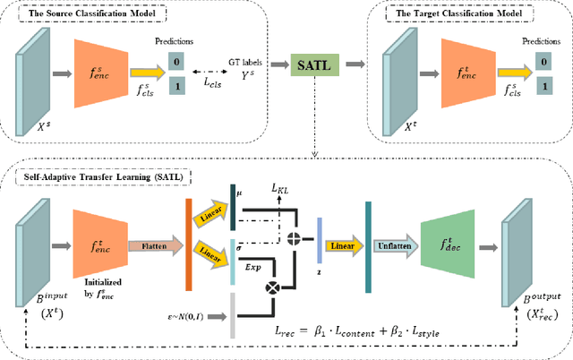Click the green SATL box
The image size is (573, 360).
tap(312, 64)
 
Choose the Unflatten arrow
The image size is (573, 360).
tap(395, 243)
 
